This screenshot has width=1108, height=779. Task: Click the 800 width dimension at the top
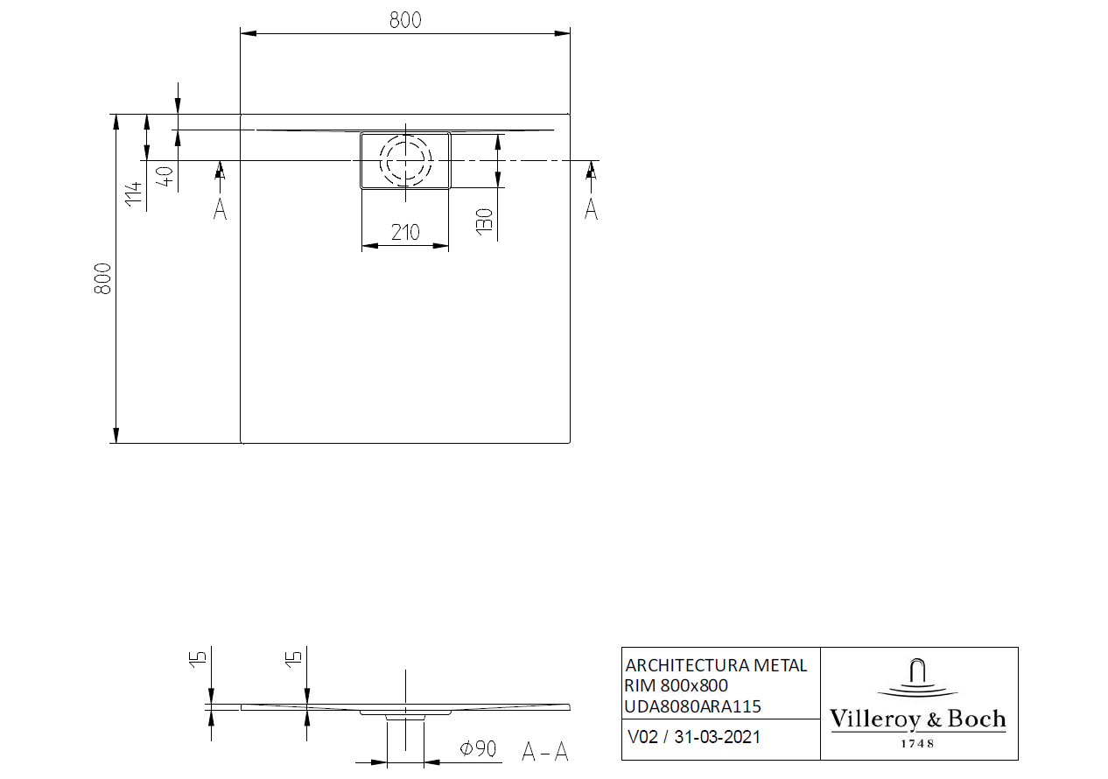(x=404, y=19)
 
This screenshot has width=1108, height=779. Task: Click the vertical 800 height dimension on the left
(x=103, y=278)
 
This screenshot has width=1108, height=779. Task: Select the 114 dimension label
(x=133, y=194)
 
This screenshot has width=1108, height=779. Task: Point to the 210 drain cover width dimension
(x=404, y=232)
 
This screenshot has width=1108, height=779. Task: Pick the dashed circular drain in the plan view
(x=405, y=160)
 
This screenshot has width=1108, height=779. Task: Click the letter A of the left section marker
(x=220, y=209)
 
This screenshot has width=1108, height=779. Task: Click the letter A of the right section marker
(x=592, y=209)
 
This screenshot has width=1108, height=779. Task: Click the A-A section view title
(x=544, y=751)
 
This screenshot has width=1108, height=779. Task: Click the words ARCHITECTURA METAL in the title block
(x=716, y=665)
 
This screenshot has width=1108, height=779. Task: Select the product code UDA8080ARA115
(x=692, y=705)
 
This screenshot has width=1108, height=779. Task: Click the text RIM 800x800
(x=676, y=685)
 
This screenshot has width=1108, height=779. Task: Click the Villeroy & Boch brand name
(x=917, y=719)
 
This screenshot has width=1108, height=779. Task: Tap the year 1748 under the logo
(x=917, y=743)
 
